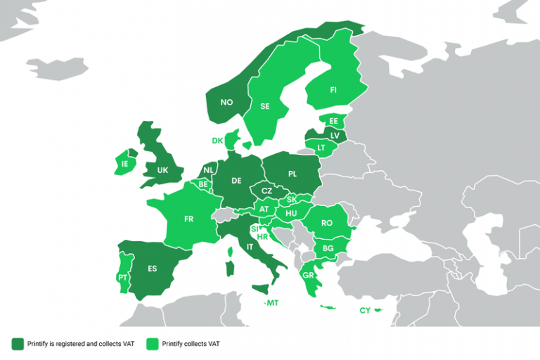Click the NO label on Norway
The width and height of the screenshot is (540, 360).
pyautogui.click(x=226, y=103)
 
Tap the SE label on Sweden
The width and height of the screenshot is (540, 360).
pyautogui.click(x=265, y=107)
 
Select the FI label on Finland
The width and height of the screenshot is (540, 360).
pyautogui.click(x=333, y=90)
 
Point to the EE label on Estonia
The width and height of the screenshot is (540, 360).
pyautogui.click(x=333, y=122)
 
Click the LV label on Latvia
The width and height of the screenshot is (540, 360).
pyautogui.click(x=334, y=135)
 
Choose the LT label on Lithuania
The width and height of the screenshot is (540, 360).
pyautogui.click(x=321, y=148)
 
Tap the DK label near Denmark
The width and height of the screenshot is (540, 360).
pyautogui.click(x=217, y=141)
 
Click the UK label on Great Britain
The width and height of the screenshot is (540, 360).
pyautogui.click(x=162, y=170)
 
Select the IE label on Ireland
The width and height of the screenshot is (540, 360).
pyautogui.click(x=124, y=165)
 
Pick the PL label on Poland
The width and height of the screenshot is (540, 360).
pyautogui.click(x=292, y=173)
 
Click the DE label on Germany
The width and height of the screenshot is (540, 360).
pyautogui.click(x=236, y=181)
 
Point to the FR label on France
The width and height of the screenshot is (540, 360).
pyautogui.click(x=188, y=219)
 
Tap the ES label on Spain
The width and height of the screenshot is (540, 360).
pyautogui.click(x=152, y=269)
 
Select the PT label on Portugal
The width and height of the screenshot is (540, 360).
pyautogui.click(x=122, y=278)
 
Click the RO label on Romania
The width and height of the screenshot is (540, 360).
pyautogui.click(x=326, y=223)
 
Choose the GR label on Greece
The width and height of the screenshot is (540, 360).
pyautogui.click(x=309, y=276)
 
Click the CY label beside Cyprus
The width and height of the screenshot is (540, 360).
pyautogui.click(x=364, y=310)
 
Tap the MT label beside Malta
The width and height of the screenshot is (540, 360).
pyautogui.click(x=273, y=303)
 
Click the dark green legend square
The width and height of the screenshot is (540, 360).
pyautogui.click(x=18, y=343)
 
